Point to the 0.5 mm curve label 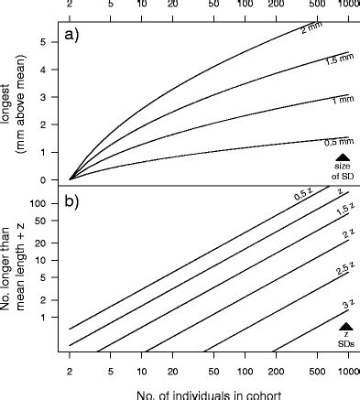(339, 143)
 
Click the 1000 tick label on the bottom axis (345, 373)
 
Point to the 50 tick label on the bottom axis (213, 373)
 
